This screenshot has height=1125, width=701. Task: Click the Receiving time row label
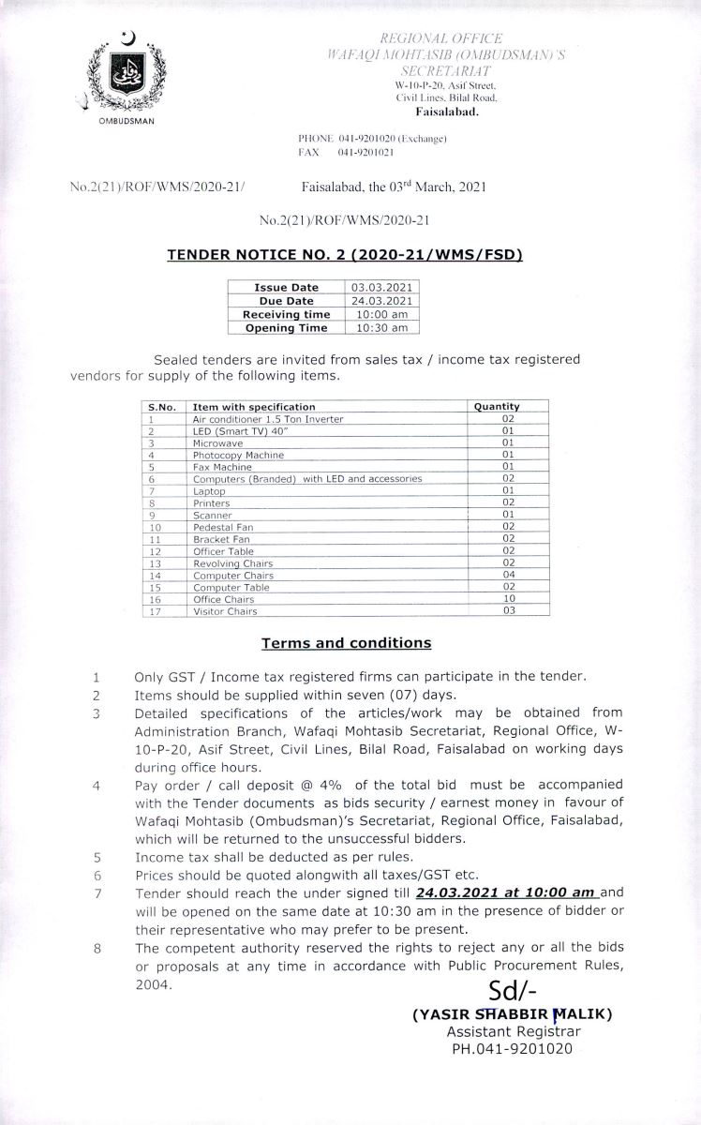[x=287, y=315]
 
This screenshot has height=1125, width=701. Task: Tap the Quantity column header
[x=497, y=407]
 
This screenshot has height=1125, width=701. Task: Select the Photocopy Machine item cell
[x=238, y=455]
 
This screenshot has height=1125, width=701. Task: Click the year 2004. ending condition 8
[x=154, y=984]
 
